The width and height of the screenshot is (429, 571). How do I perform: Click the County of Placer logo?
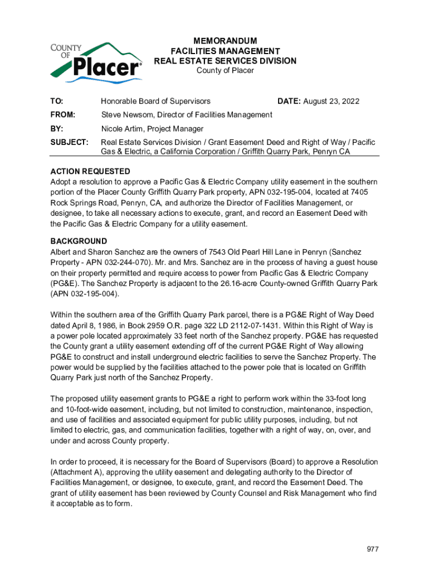tap(96, 60)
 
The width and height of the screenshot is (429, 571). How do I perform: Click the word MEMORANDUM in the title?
tap(225, 41)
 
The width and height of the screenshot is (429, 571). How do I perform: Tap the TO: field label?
tap(57, 101)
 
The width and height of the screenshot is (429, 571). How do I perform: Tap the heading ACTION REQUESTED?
tap(90, 171)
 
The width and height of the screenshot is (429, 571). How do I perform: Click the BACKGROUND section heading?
tap(79, 241)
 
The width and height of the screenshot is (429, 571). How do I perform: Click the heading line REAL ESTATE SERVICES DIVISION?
tap(225, 61)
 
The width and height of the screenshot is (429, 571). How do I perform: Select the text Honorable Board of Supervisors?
tap(155, 101)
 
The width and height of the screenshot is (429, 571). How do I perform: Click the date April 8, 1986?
tap(94, 325)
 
